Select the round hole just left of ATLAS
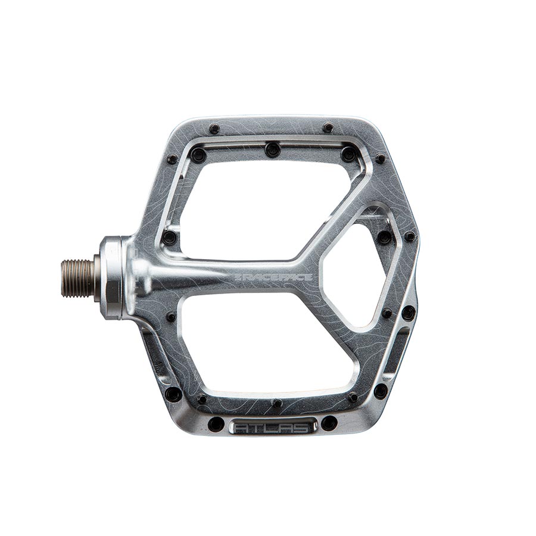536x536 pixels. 216,425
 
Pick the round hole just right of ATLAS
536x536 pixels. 329,423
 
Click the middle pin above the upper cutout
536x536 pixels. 273,149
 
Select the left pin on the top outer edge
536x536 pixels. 214,129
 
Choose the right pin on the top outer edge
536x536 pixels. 328,127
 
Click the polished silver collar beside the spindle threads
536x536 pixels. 112,278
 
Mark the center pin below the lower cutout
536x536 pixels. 276,403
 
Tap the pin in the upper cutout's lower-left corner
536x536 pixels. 170,238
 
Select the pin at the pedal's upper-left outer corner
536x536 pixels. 172,159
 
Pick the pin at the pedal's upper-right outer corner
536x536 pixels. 380,158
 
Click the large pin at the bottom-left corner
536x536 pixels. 173,394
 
